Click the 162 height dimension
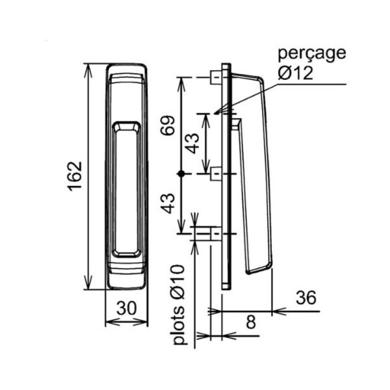75,176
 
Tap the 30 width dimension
127,308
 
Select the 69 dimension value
168,125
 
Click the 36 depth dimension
306,298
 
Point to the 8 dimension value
251,322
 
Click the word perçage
312,54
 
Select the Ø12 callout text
295,73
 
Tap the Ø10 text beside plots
179,282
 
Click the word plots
179,324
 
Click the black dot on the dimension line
181,174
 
